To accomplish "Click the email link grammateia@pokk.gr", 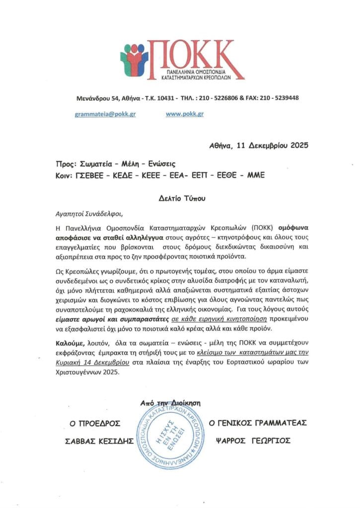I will (105, 114).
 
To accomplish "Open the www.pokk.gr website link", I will (185, 114).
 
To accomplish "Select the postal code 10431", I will (166, 98).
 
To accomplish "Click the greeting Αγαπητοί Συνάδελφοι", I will (88, 214).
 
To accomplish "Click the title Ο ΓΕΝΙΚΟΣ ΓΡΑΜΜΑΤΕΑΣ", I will (258, 423).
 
